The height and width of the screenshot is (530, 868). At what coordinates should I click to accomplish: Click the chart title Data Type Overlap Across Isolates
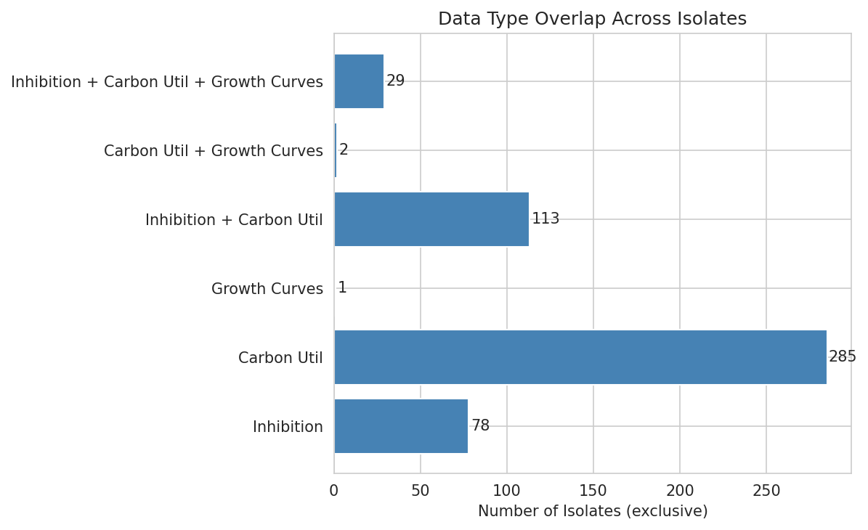tap(592, 19)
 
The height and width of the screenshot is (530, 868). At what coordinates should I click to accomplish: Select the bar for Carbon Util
tap(580, 357)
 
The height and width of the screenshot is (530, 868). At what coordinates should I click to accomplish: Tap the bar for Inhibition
tap(400, 426)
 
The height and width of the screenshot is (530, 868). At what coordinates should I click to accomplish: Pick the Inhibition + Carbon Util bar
tap(431, 219)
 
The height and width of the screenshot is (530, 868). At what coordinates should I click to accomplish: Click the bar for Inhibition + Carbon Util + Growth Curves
tap(359, 81)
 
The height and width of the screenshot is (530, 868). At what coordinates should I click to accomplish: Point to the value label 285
tap(843, 357)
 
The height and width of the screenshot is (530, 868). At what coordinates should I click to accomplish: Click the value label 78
tap(480, 426)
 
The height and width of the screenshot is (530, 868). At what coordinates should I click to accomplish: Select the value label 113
tap(545, 219)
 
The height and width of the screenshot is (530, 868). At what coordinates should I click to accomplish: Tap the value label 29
tap(395, 81)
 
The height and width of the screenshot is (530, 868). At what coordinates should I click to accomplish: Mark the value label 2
tap(344, 150)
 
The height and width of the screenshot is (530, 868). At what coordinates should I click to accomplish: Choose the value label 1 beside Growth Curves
tap(342, 288)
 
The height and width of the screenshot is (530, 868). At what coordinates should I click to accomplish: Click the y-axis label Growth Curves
tap(267, 289)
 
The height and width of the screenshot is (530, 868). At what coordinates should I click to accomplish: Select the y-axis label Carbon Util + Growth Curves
tap(214, 151)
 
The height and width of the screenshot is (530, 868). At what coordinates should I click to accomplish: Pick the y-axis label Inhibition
tap(288, 427)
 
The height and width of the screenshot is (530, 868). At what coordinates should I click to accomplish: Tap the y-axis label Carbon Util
tap(280, 358)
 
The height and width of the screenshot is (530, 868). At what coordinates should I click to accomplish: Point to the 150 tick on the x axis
tap(593, 492)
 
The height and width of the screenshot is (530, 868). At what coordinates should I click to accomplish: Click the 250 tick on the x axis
tap(766, 492)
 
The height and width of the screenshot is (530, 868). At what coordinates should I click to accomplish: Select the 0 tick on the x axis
tap(334, 492)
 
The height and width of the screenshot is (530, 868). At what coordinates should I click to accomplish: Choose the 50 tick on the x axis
tap(421, 492)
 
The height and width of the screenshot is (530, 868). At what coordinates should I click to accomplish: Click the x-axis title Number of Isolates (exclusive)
tap(593, 512)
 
